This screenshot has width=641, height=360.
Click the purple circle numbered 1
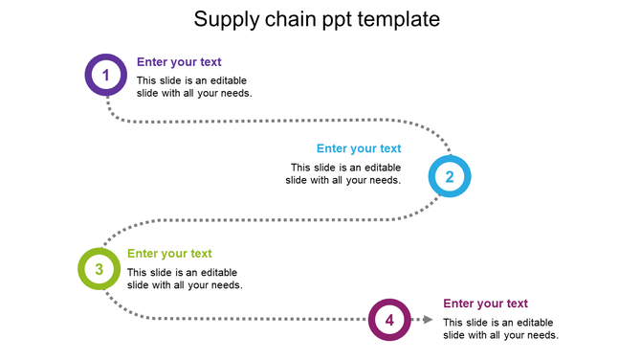click(x=106, y=75)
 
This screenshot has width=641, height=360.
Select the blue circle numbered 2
click(x=449, y=176)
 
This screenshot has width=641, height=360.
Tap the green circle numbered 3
click(x=99, y=270)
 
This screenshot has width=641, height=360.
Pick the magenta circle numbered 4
click(x=389, y=320)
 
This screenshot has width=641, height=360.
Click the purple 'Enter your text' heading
click(x=179, y=62)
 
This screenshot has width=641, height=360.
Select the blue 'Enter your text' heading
click(x=359, y=148)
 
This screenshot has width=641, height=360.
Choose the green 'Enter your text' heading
click(x=169, y=254)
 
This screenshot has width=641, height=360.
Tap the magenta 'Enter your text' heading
click(x=485, y=304)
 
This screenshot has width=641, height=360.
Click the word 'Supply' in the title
click(x=224, y=19)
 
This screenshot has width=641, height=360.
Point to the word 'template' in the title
click(x=401, y=19)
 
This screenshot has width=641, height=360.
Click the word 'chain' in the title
click(x=292, y=18)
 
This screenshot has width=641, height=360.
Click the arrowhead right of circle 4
click(x=428, y=320)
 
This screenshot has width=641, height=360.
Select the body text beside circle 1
click(x=194, y=87)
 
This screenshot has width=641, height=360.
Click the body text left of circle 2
click(x=343, y=173)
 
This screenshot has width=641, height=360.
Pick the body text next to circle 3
click(x=185, y=279)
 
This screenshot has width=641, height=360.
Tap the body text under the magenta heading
click(x=500, y=328)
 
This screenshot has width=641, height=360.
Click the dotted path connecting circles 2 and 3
click(x=268, y=221)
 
